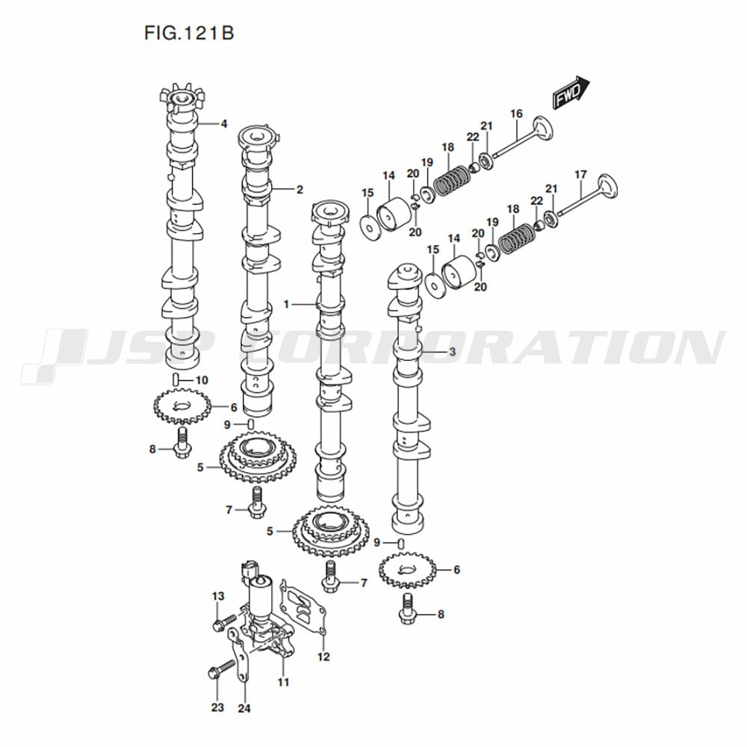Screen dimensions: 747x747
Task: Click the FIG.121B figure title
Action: [189, 34]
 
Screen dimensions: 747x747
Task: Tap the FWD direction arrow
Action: [571, 93]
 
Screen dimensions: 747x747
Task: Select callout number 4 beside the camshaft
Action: [223, 124]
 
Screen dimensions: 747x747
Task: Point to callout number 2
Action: [300, 190]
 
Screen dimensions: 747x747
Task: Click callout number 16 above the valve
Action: [516, 114]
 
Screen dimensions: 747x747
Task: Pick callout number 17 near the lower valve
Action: [580, 175]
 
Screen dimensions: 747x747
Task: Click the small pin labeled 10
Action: [176, 379]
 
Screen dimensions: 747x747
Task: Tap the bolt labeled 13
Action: [224, 622]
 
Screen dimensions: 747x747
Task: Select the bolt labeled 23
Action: [222, 669]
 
